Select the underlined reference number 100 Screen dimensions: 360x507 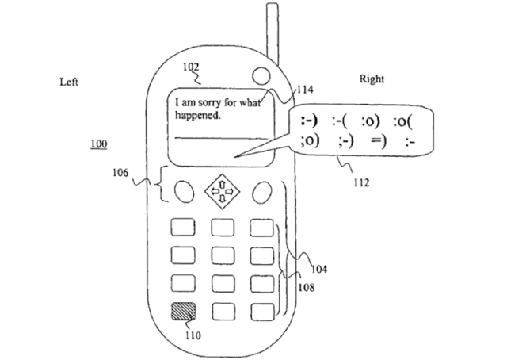99,144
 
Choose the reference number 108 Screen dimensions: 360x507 305,288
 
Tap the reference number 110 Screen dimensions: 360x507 193,335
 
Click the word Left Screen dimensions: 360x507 70,82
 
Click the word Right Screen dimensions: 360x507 372,79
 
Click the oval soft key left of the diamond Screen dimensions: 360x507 183,191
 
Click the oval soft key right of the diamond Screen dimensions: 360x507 262,191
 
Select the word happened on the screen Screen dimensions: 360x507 197,114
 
